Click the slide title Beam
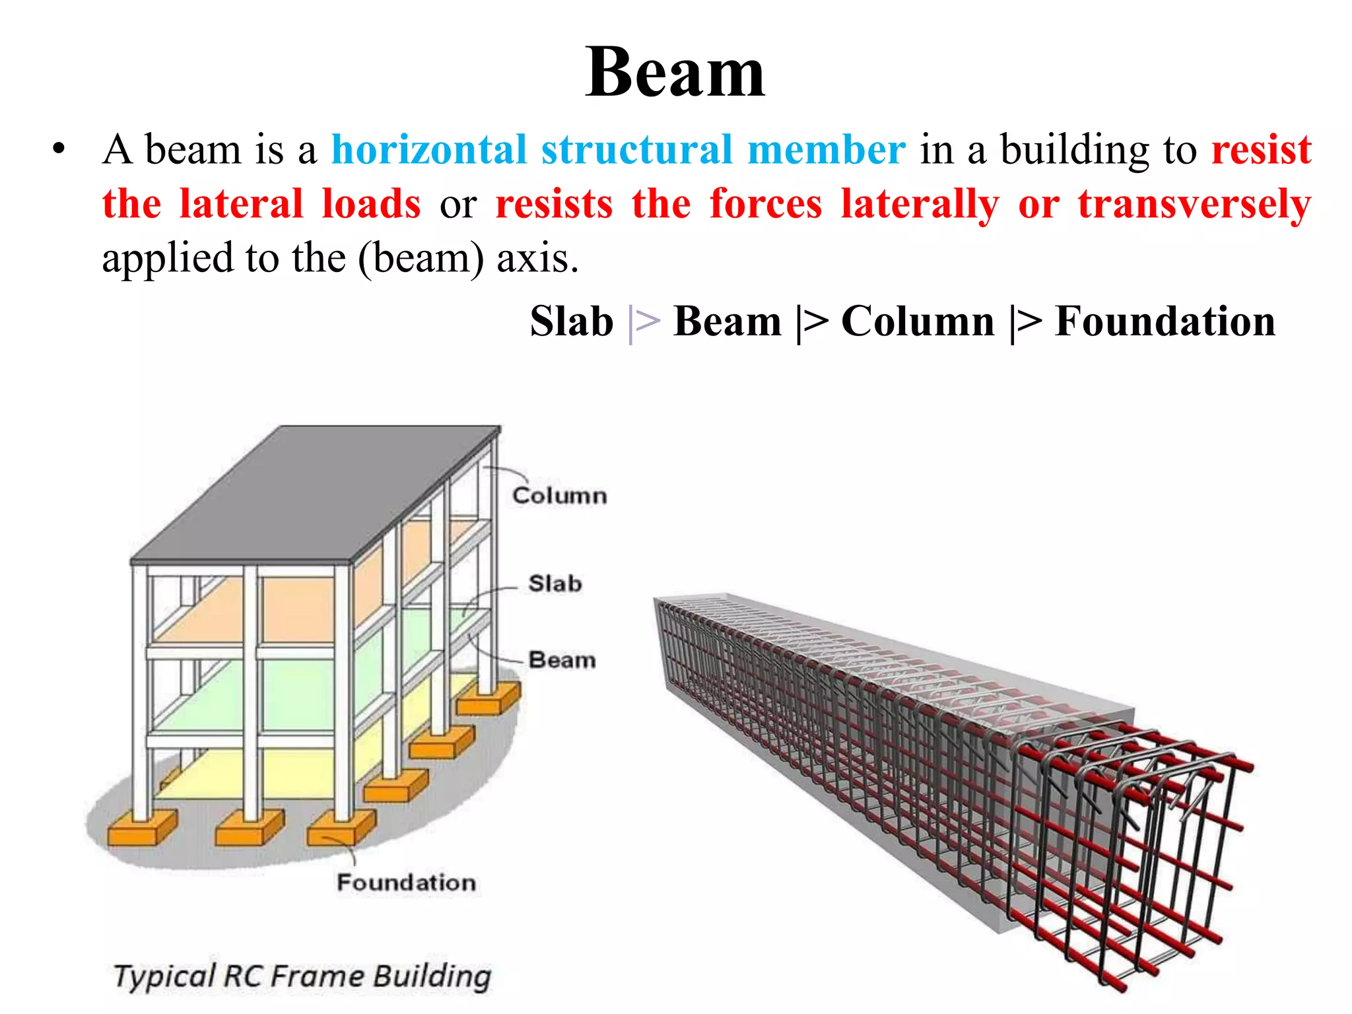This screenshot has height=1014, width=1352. [675, 73]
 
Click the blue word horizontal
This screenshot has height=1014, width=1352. [428, 149]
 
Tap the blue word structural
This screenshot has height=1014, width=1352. [636, 149]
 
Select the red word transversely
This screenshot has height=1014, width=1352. [1194, 205]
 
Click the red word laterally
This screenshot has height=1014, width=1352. [920, 205]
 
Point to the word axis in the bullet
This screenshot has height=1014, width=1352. [537, 258]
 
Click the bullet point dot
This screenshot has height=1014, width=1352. [59, 151]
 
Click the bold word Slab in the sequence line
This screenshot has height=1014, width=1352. [572, 321]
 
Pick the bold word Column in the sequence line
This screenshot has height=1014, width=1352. [918, 321]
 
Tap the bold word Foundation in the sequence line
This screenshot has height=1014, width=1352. [1165, 321]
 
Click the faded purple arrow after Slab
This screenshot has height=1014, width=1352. [644, 323]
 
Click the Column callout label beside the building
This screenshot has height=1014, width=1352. [559, 496]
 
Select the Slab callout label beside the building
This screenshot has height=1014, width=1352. [555, 584]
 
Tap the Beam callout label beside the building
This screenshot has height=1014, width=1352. [562, 660]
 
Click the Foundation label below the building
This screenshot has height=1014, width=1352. [406, 883]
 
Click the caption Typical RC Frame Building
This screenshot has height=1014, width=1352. [302, 976]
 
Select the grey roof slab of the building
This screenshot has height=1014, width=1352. [310, 495]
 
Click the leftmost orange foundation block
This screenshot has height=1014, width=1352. [141, 828]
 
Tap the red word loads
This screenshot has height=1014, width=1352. [371, 205]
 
